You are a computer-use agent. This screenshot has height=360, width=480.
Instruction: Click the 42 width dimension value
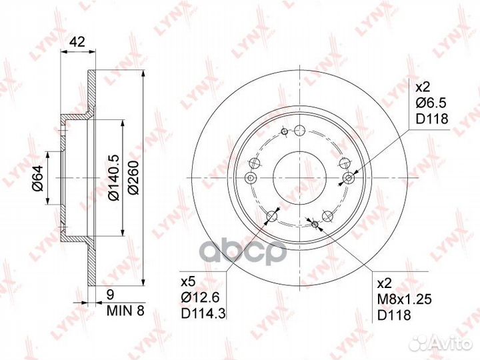click(x=77, y=41)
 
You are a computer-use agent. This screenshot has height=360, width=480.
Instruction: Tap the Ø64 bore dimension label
click(x=39, y=178)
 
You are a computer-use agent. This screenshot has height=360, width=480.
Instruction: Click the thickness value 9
click(x=110, y=295)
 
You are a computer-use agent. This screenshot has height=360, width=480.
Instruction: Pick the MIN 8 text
click(x=125, y=311)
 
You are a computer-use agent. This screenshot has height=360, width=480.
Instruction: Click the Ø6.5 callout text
click(x=431, y=103)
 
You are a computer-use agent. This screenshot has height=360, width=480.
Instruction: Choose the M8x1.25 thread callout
click(x=405, y=299)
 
